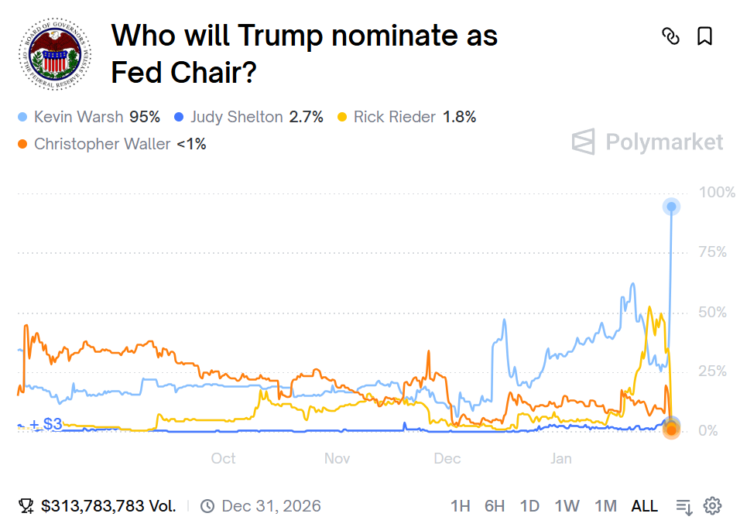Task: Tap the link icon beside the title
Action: click(x=670, y=36)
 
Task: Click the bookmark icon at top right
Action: click(x=704, y=36)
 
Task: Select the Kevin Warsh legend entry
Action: click(x=89, y=118)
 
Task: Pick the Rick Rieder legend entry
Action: click(x=406, y=118)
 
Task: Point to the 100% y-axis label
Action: click(x=717, y=192)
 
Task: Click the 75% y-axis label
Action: click(x=713, y=252)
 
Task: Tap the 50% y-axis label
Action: click(x=713, y=312)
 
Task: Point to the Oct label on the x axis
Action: click(x=223, y=459)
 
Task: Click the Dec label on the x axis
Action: click(x=447, y=459)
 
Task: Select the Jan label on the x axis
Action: click(x=561, y=459)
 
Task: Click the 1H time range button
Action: click(x=460, y=506)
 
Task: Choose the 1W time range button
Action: click(x=567, y=506)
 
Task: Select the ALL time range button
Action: click(x=644, y=506)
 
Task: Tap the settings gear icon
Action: click(x=712, y=506)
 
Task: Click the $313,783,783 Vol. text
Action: click(x=108, y=506)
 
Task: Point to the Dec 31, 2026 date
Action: click(x=271, y=506)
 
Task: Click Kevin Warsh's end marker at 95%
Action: click(x=671, y=207)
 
